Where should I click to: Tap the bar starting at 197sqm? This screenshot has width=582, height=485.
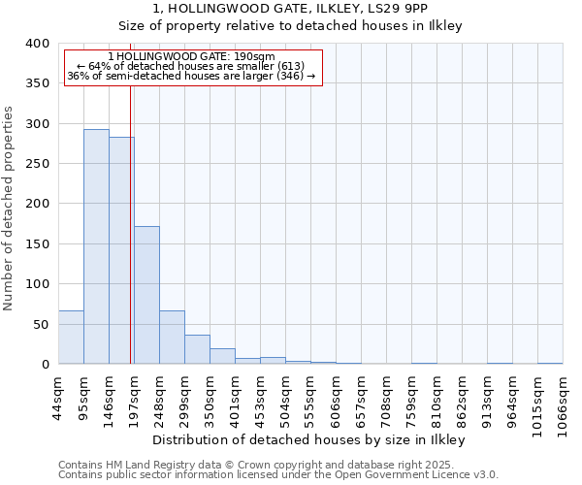coord(146,295)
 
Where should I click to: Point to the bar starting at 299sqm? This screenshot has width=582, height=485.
coord(197,349)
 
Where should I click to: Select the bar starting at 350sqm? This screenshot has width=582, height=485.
coord(222,356)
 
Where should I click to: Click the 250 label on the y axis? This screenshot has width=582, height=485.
coord(37,164)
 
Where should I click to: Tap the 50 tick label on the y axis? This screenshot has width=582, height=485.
coord(41,324)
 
